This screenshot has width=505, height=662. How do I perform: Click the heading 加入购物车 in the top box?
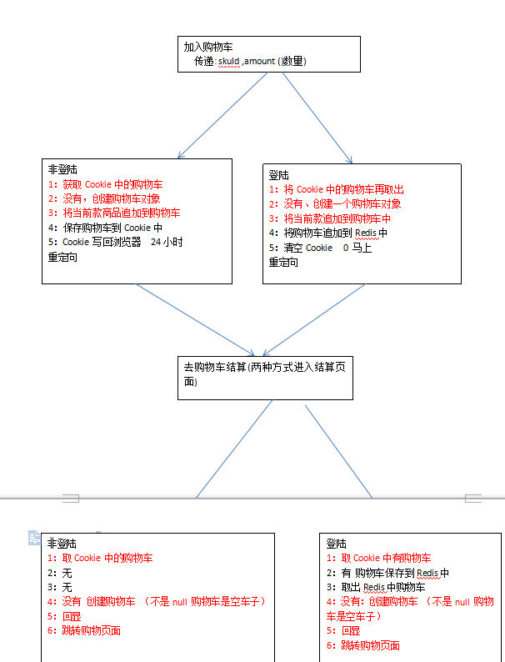(x=208, y=48)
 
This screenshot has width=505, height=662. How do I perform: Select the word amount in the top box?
(x=260, y=61)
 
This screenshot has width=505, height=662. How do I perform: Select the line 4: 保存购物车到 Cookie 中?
(x=104, y=227)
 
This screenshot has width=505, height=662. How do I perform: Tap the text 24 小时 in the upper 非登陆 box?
(x=167, y=242)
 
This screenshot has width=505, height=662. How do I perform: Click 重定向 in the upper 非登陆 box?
(x=62, y=257)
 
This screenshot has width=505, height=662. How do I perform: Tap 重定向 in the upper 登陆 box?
(x=283, y=262)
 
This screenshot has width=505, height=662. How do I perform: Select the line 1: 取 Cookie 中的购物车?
(x=100, y=558)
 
